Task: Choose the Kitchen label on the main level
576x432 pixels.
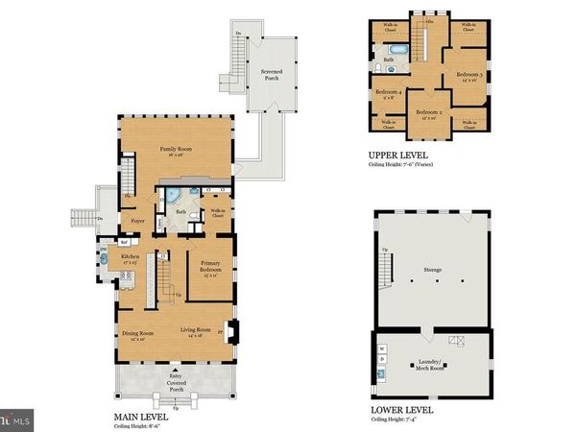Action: click(131, 257)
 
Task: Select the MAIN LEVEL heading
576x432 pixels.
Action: click(141, 417)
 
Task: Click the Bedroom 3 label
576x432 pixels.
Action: click(468, 75)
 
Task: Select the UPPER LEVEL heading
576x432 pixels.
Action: click(398, 155)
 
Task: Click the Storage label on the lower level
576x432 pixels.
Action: click(432, 270)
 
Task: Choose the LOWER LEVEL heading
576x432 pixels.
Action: click(402, 410)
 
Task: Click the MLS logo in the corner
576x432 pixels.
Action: click(16, 420)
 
